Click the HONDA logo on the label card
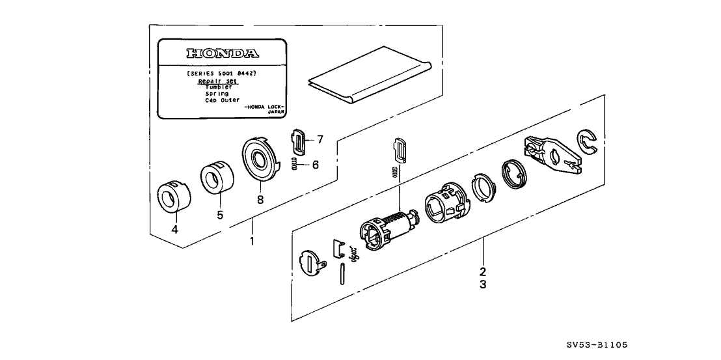point(223,53)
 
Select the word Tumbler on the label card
point(219,87)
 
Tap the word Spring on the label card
point(217,94)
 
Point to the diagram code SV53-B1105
point(597,347)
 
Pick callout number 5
point(219,214)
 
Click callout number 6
point(315,165)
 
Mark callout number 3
point(483,284)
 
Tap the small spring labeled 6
point(294,165)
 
